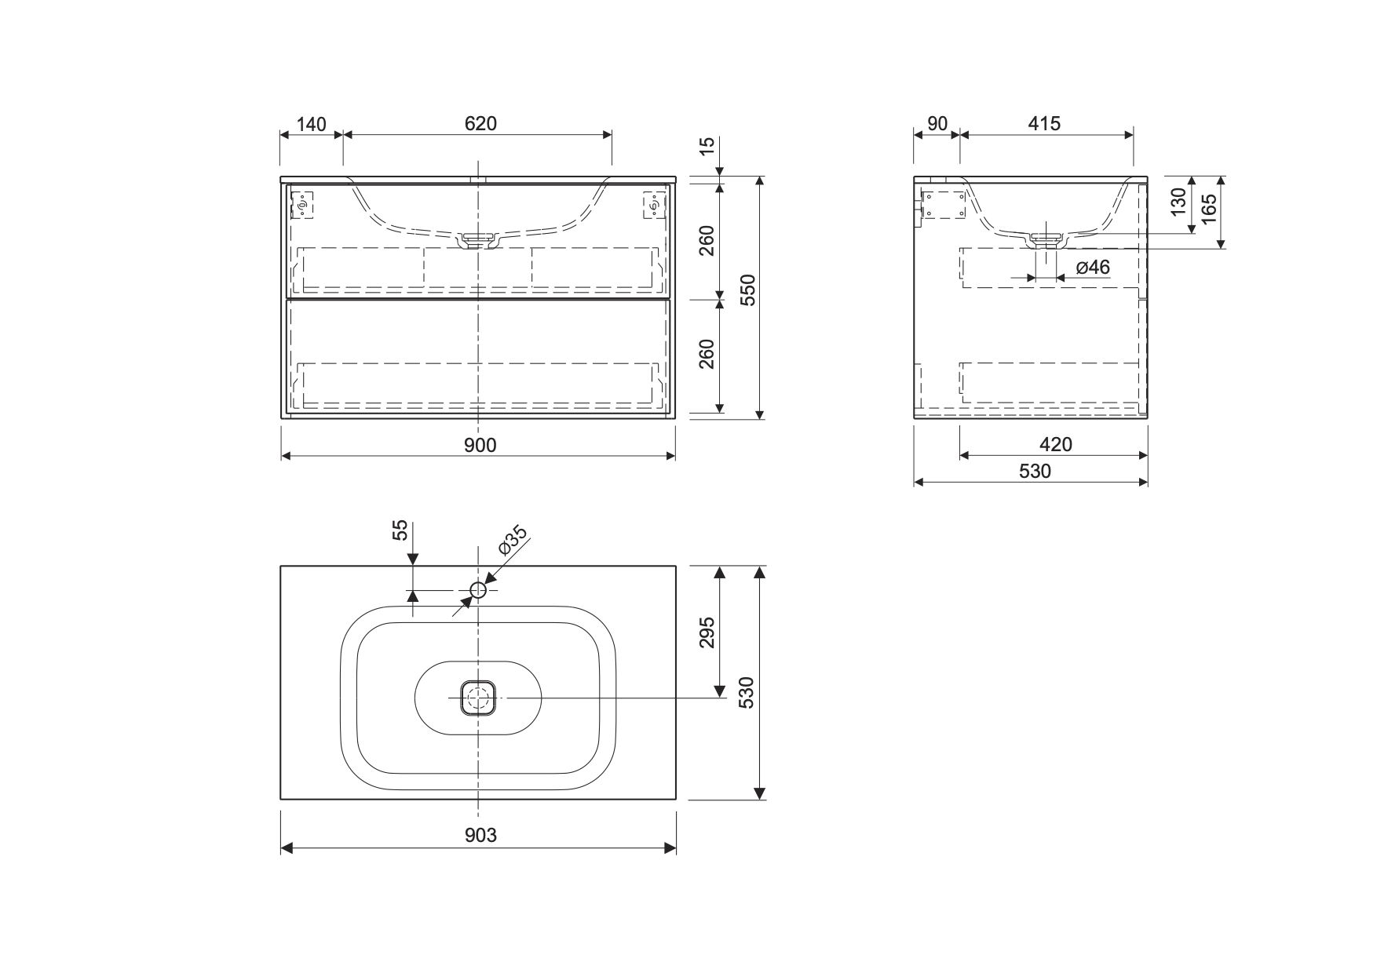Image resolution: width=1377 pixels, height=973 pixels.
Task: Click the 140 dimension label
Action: (311, 124)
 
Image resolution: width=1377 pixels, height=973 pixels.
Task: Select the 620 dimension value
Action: (480, 124)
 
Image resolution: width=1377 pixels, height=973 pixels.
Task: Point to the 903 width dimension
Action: (480, 835)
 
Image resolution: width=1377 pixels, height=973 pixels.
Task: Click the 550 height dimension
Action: (747, 290)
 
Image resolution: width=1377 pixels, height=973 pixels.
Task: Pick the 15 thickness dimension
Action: (707, 146)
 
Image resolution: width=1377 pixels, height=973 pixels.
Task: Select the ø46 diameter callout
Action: (1093, 268)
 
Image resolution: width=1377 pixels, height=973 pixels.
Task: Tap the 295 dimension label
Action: (707, 632)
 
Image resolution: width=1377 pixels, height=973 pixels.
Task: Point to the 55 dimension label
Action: (400, 530)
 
